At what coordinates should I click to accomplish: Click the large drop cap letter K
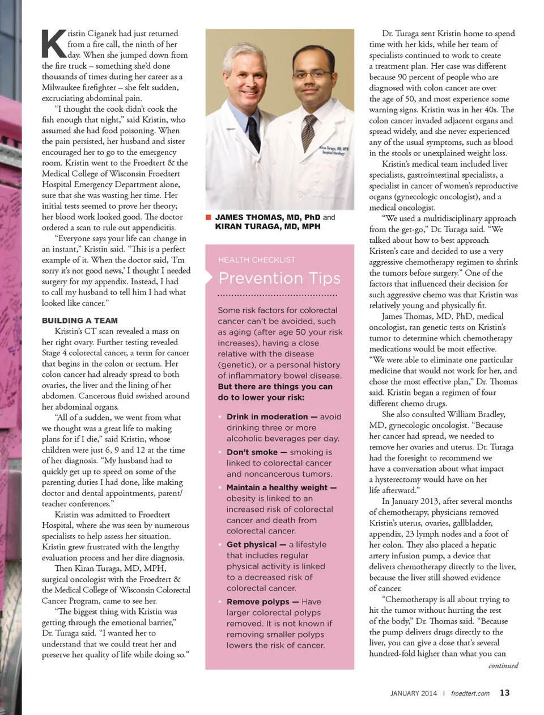(54, 44)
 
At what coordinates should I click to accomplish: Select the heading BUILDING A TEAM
(80, 321)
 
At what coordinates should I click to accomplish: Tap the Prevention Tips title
(279, 278)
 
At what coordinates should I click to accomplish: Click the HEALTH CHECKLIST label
(257, 260)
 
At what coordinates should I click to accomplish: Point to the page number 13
(504, 693)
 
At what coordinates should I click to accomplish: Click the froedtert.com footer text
(470, 693)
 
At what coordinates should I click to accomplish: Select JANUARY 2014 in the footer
(414, 693)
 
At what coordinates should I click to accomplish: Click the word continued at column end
(503, 666)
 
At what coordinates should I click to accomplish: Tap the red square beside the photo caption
(208, 217)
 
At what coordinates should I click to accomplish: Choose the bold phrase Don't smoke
(252, 452)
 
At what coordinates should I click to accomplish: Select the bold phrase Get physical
(252, 544)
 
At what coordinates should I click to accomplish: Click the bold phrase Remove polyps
(258, 602)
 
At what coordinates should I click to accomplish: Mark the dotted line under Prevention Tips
(277, 296)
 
